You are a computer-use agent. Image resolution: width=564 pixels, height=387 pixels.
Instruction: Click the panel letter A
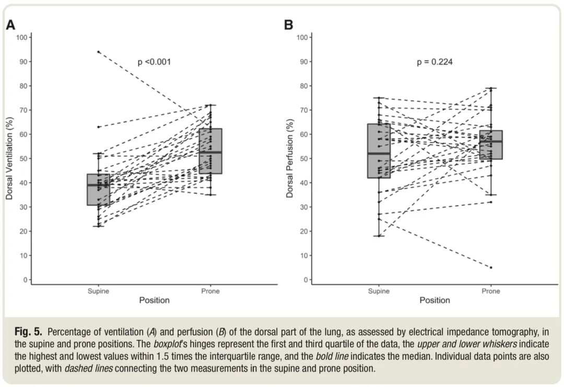(10, 25)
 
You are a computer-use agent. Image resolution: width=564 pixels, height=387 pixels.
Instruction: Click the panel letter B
(288, 25)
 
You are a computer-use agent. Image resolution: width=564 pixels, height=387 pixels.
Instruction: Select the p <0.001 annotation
(154, 62)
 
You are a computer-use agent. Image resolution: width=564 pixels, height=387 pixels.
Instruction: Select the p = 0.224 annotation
(434, 62)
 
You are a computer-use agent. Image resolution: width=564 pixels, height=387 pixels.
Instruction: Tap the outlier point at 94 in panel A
(98, 52)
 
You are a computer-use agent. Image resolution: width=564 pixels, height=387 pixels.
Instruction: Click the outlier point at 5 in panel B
(491, 267)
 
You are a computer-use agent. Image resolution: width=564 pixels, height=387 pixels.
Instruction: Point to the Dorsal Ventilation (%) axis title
(9, 158)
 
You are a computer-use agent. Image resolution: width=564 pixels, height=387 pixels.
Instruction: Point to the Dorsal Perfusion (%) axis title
(289, 158)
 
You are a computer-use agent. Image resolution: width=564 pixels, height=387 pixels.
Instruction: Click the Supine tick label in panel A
(98, 291)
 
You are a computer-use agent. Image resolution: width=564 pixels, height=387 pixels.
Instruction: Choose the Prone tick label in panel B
(491, 291)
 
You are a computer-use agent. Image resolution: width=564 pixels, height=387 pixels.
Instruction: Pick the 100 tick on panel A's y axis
(21, 38)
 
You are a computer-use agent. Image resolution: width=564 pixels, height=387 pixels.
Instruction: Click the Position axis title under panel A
(154, 300)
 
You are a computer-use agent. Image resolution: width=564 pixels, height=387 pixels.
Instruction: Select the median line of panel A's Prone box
(210, 152)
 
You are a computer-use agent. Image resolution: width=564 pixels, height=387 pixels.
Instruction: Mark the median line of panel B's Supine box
(379, 153)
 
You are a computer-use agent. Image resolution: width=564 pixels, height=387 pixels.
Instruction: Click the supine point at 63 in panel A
(98, 127)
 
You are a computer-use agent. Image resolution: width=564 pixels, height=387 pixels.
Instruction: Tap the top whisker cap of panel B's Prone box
(491, 88)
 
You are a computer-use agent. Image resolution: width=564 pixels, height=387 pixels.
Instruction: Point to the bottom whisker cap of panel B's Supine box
(379, 236)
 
